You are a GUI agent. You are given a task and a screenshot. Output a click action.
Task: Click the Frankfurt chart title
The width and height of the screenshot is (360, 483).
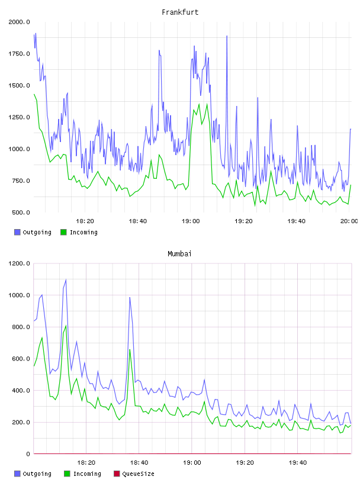180,12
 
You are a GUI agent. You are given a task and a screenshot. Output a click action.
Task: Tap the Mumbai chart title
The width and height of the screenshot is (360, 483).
179,254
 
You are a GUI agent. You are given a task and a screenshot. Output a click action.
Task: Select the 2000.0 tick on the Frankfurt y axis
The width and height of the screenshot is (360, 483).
19,22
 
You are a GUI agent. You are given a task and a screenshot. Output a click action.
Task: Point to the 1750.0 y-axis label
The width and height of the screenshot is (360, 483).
19,54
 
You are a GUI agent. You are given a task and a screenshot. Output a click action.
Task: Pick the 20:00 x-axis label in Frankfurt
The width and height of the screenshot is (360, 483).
349,221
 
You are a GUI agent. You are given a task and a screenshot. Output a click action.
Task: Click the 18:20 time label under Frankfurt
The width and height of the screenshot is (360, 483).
85,221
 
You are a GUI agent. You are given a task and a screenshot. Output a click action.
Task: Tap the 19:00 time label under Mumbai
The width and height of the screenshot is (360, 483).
192,463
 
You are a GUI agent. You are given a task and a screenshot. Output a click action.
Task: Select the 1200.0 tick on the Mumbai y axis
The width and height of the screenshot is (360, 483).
19,263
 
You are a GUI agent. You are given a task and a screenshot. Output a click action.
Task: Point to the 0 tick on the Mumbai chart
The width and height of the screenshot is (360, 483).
28,454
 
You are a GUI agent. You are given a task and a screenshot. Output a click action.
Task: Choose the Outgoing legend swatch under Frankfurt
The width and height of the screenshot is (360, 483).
17,232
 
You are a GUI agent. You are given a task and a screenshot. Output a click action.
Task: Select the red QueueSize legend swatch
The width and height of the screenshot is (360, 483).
117,474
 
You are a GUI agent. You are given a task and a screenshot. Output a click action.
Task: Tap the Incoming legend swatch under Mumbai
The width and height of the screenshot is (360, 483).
67,474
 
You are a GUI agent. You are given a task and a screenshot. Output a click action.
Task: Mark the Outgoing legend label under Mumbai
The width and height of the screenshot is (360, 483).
37,474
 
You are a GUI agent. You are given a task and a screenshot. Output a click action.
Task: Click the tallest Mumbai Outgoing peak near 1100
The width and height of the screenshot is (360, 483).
66,280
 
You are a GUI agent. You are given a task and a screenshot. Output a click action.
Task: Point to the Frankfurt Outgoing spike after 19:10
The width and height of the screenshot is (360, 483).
227,36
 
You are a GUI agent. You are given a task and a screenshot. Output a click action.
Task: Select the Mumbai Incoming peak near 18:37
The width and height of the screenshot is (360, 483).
130,350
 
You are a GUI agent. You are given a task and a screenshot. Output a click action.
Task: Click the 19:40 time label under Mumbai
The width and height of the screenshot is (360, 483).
298,463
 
